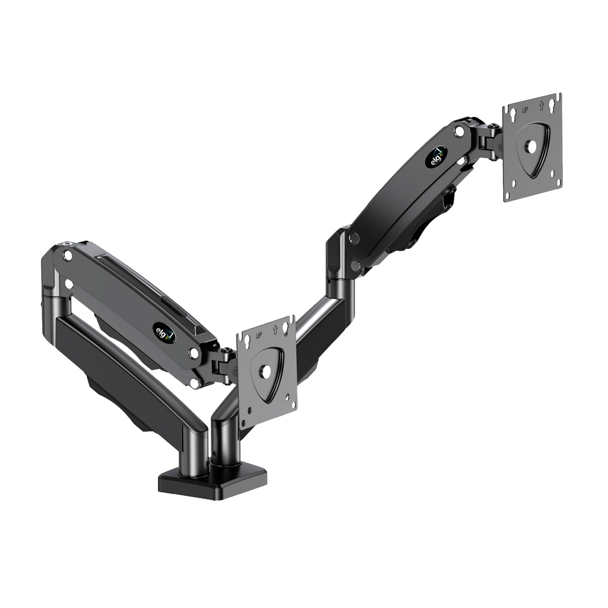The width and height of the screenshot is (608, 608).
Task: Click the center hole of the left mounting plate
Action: [x=265, y=370]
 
